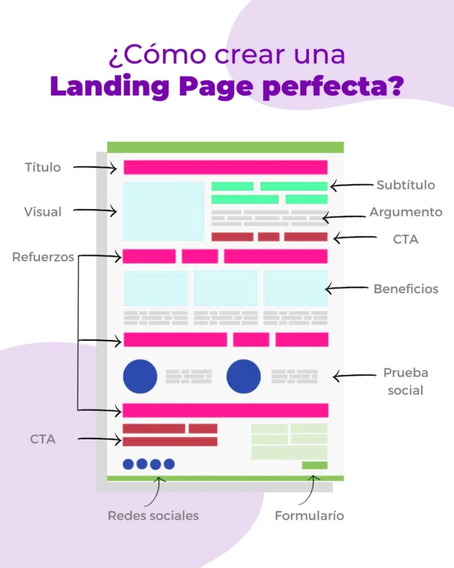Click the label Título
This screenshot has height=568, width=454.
[x=43, y=167]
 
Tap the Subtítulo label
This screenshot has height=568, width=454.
[x=406, y=185]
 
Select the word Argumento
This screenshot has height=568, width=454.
[x=406, y=212]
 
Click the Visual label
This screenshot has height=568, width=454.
[x=43, y=211]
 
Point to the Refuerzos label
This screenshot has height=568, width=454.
[x=43, y=257]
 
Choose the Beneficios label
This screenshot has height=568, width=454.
[x=406, y=289]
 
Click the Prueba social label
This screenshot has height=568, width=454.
[x=405, y=381]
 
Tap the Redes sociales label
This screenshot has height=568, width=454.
[x=153, y=516]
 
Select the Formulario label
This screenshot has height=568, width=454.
[x=309, y=516]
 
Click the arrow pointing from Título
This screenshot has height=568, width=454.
[x=95, y=167]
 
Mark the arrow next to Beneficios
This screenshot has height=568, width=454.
[x=346, y=288]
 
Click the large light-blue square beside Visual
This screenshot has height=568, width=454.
[x=164, y=211]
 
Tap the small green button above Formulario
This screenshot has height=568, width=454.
[x=314, y=465]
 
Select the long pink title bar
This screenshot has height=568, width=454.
[x=225, y=168]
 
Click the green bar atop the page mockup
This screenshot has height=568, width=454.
[x=225, y=147]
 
